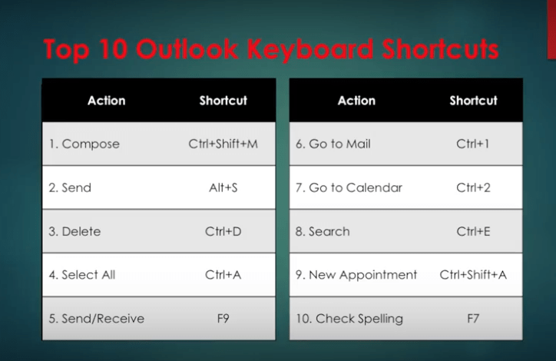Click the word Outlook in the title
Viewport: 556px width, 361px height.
tap(187, 48)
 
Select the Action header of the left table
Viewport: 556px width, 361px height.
tap(107, 101)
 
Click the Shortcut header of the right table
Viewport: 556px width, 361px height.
tap(473, 101)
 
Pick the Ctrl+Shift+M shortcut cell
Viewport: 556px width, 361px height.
tap(223, 144)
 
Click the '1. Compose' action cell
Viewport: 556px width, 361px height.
tap(84, 144)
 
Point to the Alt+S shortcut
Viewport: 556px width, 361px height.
tap(223, 187)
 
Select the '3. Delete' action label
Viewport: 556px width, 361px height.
tap(74, 231)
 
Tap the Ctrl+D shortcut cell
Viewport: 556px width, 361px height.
tap(223, 231)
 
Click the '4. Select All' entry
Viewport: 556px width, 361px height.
tap(82, 275)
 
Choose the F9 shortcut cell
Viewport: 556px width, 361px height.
tap(223, 319)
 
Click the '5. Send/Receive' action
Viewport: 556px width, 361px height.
tap(97, 319)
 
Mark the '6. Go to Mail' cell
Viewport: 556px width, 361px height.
tap(333, 144)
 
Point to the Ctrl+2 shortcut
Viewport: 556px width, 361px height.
tap(473, 187)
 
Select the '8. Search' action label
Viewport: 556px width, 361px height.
tap(323, 231)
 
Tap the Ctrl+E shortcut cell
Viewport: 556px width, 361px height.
tap(473, 231)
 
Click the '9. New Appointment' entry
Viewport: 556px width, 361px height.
tap(356, 275)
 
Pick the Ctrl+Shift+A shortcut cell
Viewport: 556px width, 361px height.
tap(473, 275)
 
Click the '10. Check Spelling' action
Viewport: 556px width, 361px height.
tap(349, 319)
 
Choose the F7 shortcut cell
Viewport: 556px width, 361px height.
tap(473, 319)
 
